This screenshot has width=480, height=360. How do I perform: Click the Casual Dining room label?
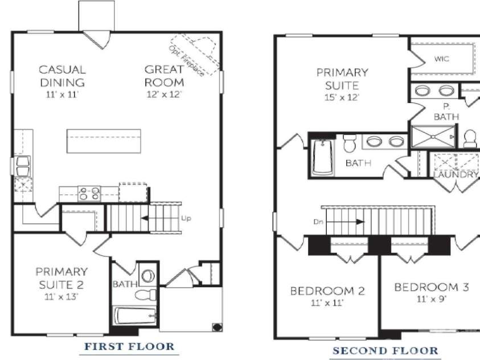coord(62,76)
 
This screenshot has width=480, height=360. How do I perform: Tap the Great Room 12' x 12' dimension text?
coord(165,95)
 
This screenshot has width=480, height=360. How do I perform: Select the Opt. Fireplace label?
coord(186,60)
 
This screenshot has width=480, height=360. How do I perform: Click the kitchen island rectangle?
coord(104,141)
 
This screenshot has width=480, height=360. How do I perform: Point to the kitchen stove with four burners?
coord(89,194)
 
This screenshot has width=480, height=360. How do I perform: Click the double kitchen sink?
coord(23,166)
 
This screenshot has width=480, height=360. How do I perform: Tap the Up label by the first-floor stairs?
coord(186,218)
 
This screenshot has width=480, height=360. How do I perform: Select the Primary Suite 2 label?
coord(61,278)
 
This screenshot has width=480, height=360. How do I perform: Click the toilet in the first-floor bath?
coord(146,296)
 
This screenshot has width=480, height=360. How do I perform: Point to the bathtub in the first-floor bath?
coord(136,316)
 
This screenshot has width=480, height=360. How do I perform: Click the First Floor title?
coord(129,346)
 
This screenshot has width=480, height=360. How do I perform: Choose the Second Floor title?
coord(385,350)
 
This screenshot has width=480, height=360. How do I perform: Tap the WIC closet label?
coord(442,59)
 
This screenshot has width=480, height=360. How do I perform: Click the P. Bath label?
coord(446,112)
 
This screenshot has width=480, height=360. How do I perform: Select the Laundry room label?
coord(456,174)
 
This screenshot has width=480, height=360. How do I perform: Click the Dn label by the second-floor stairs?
coord(318,222)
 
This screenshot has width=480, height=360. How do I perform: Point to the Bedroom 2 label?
coord(327,291)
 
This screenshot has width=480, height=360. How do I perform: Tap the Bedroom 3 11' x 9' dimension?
coord(432,299)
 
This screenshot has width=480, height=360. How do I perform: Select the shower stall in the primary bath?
coord(433,137)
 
